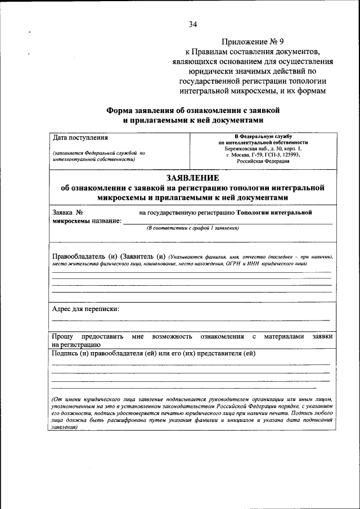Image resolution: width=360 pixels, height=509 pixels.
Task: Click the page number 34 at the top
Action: point(193,24)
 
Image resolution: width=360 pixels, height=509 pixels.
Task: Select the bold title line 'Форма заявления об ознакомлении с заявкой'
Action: point(193,110)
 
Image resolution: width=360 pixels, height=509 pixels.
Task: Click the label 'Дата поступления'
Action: point(80,137)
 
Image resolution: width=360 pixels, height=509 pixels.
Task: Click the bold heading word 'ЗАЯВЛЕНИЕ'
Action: point(193,178)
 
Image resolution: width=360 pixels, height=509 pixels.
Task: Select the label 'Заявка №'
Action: point(67,213)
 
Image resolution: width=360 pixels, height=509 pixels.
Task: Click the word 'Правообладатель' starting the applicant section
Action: point(80,256)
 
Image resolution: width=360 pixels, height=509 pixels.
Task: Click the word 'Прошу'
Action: point(63,336)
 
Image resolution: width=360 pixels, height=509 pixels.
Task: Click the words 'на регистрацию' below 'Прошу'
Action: point(76,344)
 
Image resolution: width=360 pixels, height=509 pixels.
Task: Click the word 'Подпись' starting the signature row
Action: point(65,353)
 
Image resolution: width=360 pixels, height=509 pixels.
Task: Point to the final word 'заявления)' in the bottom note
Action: point(64,427)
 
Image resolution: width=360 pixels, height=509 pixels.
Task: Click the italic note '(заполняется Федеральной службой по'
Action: point(99,153)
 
